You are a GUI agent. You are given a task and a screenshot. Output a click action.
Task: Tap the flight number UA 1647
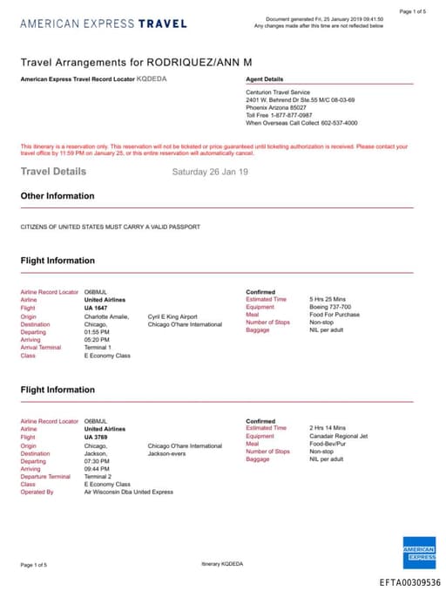[97, 308]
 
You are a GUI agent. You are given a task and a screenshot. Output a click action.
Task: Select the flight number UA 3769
[97, 437]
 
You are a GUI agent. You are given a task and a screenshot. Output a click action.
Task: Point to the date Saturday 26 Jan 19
[210, 172]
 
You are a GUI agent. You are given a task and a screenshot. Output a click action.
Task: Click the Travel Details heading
[53, 172]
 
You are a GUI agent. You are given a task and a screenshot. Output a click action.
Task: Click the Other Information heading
[57, 196]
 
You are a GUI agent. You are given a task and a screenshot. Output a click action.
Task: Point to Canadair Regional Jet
[339, 436]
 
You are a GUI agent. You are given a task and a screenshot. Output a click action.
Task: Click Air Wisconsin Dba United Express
[128, 492]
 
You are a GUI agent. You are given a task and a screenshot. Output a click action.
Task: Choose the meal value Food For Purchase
[334, 315]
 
